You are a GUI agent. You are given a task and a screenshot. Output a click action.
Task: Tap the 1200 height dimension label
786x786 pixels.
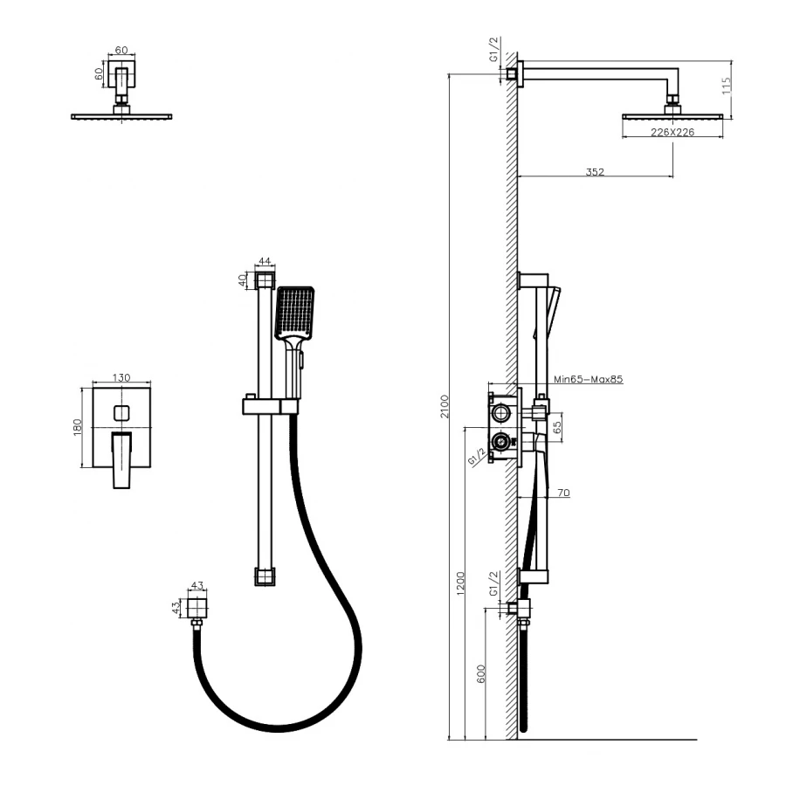coord(461,583)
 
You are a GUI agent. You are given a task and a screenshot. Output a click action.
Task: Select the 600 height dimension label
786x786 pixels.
coord(481,674)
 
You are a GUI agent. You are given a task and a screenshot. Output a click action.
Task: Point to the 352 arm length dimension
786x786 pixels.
coord(595,172)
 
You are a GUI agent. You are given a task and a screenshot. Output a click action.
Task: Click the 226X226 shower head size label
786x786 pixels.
coord(672,133)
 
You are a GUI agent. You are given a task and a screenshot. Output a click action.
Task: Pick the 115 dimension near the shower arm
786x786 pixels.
coord(727,86)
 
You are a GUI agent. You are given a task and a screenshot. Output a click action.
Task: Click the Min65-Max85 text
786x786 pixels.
coord(589,379)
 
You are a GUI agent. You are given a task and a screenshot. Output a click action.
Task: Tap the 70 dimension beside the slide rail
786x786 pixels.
coord(563,493)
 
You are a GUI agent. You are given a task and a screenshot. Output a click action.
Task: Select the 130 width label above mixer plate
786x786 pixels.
coord(121,377)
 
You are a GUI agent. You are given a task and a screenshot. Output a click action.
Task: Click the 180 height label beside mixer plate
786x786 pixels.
coord(78,427)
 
